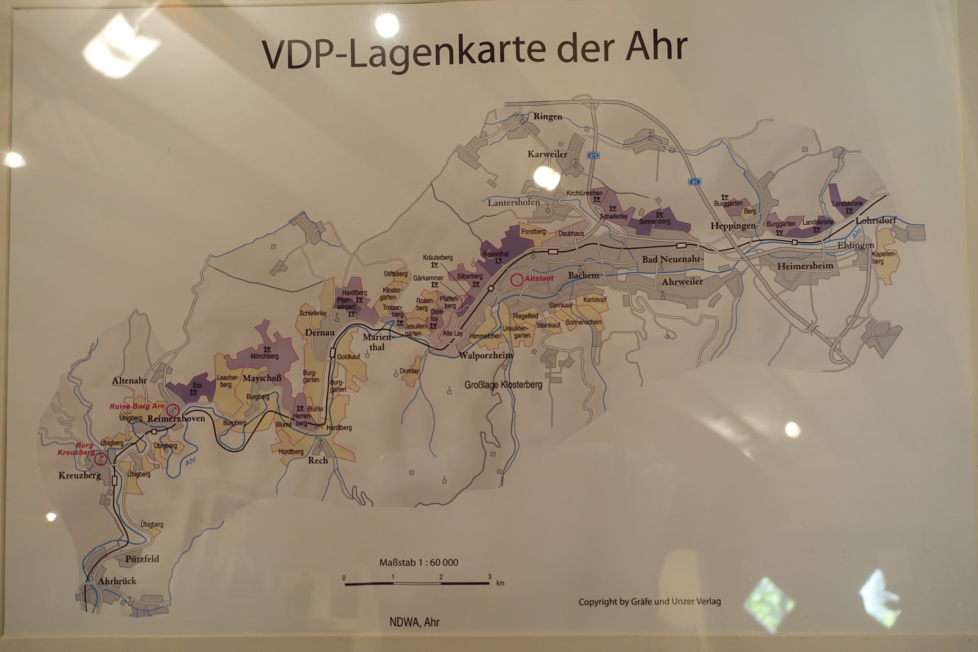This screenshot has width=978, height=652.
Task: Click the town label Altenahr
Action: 130,380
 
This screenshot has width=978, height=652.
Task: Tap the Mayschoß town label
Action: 262,378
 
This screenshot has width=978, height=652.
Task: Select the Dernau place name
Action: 319,332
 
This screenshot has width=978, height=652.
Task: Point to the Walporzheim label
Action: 485,355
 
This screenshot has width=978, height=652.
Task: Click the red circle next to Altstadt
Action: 517,280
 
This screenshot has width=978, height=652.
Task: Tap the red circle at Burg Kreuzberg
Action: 100,458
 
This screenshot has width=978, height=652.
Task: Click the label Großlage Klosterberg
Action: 503,386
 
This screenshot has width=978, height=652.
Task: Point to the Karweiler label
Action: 547,155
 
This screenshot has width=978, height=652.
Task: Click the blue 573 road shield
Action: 593,156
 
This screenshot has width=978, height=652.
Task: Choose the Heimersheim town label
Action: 805,266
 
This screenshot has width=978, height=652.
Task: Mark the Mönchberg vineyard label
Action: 264,356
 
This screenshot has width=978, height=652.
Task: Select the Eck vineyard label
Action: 197,386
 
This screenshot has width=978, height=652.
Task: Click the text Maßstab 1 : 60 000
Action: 419,562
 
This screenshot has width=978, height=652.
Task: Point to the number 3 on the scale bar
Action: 490,577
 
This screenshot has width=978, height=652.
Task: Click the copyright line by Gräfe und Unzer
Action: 650,601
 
